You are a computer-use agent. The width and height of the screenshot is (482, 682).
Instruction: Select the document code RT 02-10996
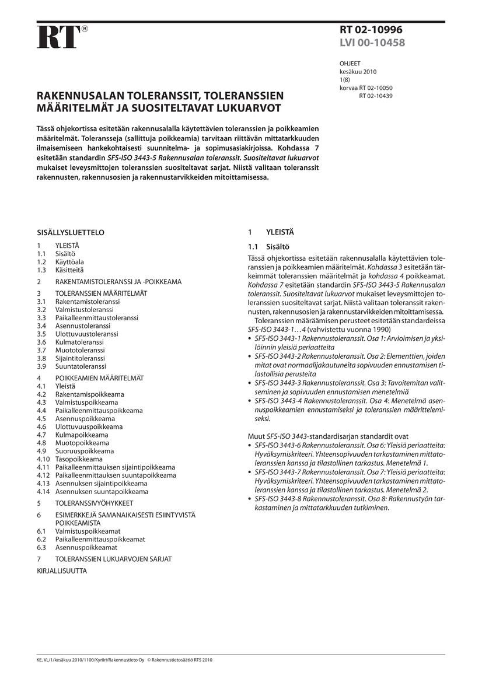coord(371,30)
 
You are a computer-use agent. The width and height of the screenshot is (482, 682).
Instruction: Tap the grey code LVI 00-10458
coord(372,43)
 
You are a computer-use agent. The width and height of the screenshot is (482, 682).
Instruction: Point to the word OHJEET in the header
coord(350,64)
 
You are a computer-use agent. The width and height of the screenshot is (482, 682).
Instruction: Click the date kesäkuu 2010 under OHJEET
coord(358,72)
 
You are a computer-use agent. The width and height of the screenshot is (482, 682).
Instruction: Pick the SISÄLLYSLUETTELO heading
coord(71,232)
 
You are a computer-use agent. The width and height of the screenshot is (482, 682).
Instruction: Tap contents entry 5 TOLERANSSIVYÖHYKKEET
coord(85,502)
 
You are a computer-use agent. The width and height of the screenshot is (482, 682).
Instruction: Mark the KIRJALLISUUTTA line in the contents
coord(62,571)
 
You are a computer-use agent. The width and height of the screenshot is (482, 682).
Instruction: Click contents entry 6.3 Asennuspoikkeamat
coord(77,547)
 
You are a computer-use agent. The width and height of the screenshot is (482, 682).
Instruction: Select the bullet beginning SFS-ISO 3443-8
coord(344,503)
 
